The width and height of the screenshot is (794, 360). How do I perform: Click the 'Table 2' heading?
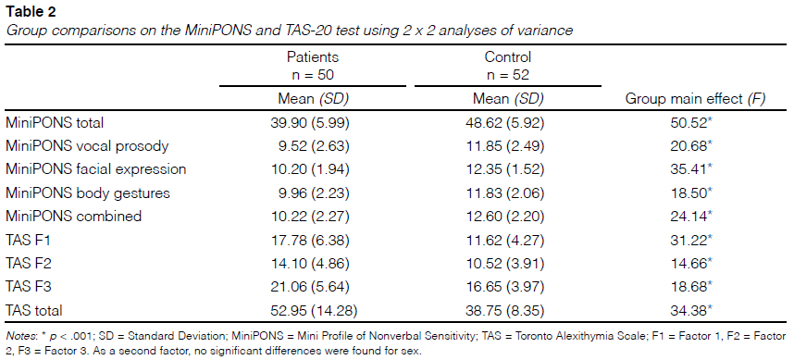click(x=31, y=12)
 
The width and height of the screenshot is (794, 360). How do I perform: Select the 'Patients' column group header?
click(x=313, y=56)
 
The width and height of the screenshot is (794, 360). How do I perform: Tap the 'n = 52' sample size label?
click(x=507, y=75)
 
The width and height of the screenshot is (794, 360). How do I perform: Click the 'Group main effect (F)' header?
click(x=695, y=99)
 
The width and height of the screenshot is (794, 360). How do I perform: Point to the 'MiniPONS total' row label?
click(x=55, y=122)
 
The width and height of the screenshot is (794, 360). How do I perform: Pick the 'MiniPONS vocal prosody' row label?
click(x=87, y=146)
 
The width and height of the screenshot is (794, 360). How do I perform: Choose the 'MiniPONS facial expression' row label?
click(x=96, y=169)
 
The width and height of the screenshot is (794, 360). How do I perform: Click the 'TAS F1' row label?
click(x=28, y=240)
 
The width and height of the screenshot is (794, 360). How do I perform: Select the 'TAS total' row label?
click(x=34, y=310)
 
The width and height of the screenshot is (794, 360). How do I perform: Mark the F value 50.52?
click(x=693, y=122)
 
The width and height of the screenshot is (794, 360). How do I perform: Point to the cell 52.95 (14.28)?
click(x=314, y=310)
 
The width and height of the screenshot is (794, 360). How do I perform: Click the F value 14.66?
click(x=693, y=264)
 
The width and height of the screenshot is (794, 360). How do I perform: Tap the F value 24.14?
click(x=693, y=217)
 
